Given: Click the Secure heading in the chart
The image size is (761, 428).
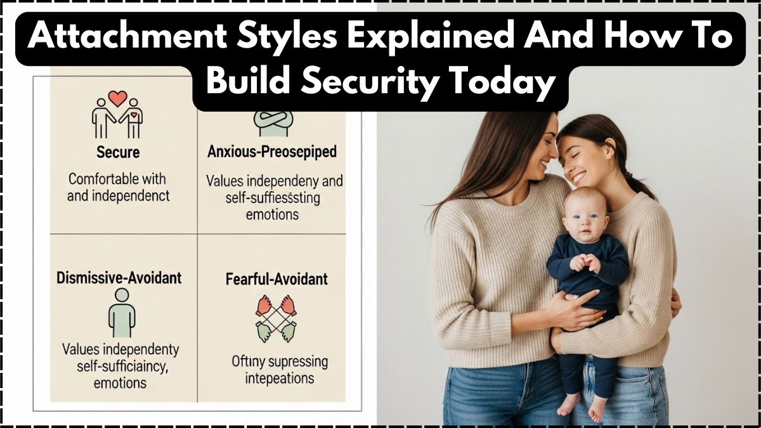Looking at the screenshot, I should [118, 152].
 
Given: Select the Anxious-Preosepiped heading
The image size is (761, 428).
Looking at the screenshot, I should [272, 152].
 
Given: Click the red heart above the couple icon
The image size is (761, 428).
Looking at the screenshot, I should [117, 98].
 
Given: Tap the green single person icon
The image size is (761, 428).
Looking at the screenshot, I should [121, 314].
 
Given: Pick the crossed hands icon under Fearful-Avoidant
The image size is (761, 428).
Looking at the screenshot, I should [276, 318].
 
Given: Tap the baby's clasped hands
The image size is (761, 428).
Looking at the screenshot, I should [584, 262].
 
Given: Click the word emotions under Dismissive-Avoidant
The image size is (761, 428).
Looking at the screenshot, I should [120, 383].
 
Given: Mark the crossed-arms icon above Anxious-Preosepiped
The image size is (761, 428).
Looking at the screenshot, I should [273, 120].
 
